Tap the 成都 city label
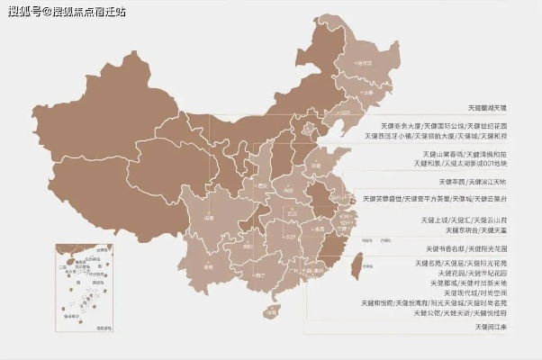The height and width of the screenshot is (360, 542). point(210,217)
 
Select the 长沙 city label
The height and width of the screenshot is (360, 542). point(290,236)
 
